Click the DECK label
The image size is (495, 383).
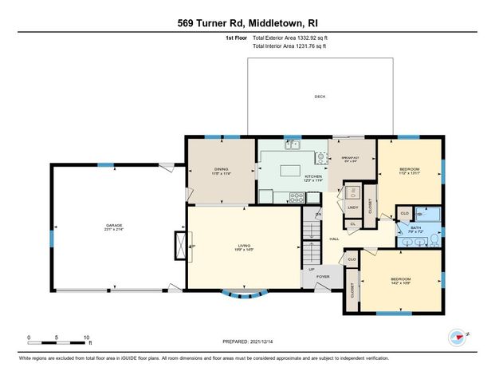tap(320, 97)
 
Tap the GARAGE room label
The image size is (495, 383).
tap(116, 227)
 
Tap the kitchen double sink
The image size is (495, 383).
tap(293, 144)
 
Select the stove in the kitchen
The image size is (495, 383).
tap(320, 157)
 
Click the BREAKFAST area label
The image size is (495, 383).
tap(351, 158)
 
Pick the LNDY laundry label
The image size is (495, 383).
tap(352, 208)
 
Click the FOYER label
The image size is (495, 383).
tap(323, 277)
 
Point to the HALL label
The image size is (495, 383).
tap(335, 239)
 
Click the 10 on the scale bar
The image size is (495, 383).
tap(88, 338)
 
